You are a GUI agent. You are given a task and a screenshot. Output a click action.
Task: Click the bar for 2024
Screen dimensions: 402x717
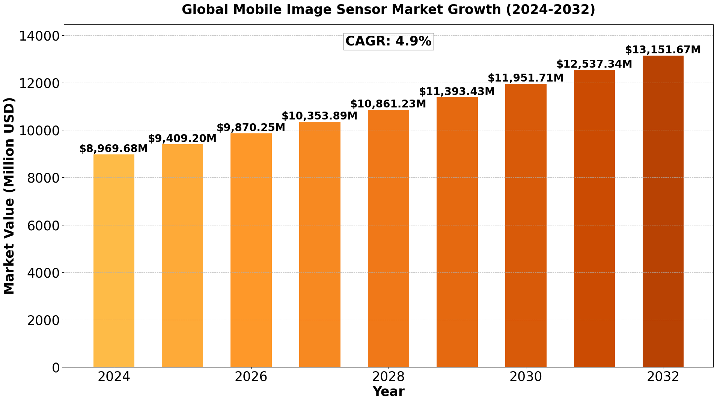coord(114,261)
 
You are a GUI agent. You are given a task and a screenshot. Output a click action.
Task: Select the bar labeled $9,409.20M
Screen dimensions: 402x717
coord(182,255)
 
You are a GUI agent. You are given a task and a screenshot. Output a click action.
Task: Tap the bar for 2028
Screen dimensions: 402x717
coord(388,238)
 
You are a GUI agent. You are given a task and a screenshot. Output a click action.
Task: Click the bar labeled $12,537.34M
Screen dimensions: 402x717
coord(594,218)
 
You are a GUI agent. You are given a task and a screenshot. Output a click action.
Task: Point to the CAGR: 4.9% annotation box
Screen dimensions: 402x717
coord(388,41)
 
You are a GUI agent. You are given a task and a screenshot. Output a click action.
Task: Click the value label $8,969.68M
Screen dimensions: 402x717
coord(114,149)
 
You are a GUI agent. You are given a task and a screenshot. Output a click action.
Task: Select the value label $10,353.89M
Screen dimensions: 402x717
coord(319,116)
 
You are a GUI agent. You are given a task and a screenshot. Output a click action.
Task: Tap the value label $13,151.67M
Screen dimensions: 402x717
coord(663,50)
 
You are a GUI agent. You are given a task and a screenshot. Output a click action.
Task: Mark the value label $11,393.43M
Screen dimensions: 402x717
coord(457,92)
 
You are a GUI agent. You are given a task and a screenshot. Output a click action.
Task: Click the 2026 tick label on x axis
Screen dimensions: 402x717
coord(251,377)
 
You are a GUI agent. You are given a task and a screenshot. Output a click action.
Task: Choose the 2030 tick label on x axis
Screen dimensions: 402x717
coord(526,377)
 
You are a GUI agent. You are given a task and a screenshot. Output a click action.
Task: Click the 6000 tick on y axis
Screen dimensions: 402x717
coord(44,225)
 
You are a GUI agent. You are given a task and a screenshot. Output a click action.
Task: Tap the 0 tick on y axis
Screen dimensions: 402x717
coord(56,367)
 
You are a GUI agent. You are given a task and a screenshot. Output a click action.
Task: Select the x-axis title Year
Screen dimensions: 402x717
coord(388,392)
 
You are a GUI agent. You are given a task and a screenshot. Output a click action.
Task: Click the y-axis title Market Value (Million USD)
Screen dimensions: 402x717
coord(9,196)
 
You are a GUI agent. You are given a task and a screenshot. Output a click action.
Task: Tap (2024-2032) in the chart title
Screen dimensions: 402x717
coord(550,9)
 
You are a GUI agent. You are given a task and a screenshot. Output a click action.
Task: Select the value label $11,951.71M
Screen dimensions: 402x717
coord(526,78)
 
